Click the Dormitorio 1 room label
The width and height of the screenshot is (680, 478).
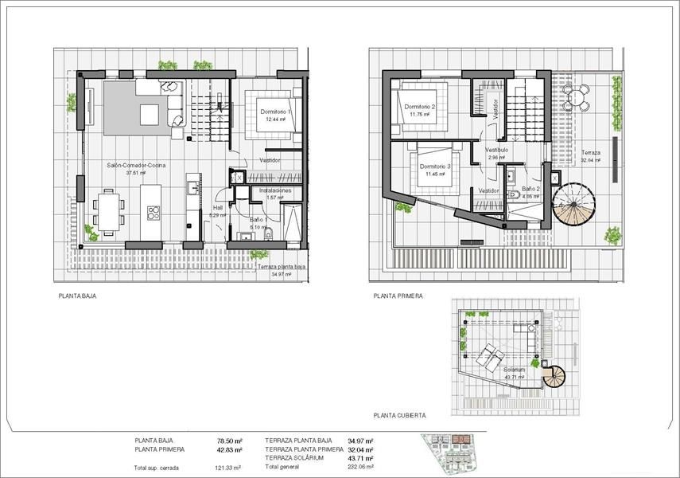point(276,112)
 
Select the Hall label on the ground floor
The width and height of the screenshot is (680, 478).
point(217,208)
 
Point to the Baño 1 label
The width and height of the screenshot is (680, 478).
point(257,219)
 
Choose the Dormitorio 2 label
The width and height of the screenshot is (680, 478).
point(420,107)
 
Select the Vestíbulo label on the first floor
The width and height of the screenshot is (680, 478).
point(496,150)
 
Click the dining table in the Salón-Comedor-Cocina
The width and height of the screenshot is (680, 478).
point(107,210)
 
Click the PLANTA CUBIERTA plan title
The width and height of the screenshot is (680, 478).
point(400,415)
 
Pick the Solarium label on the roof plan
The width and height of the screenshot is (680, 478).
point(514,370)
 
